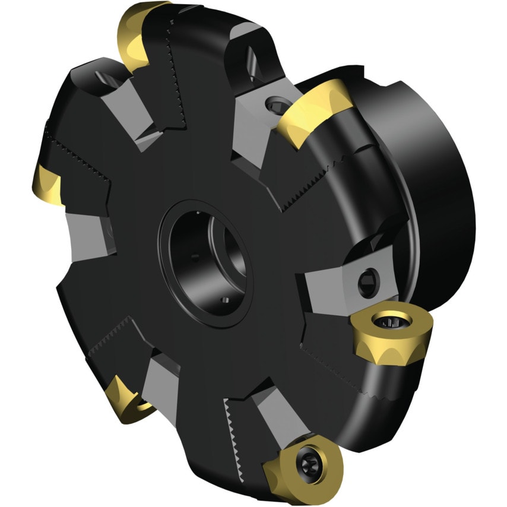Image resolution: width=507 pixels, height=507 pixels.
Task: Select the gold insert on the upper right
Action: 313,112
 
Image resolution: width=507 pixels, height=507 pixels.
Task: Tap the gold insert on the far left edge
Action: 48,183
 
